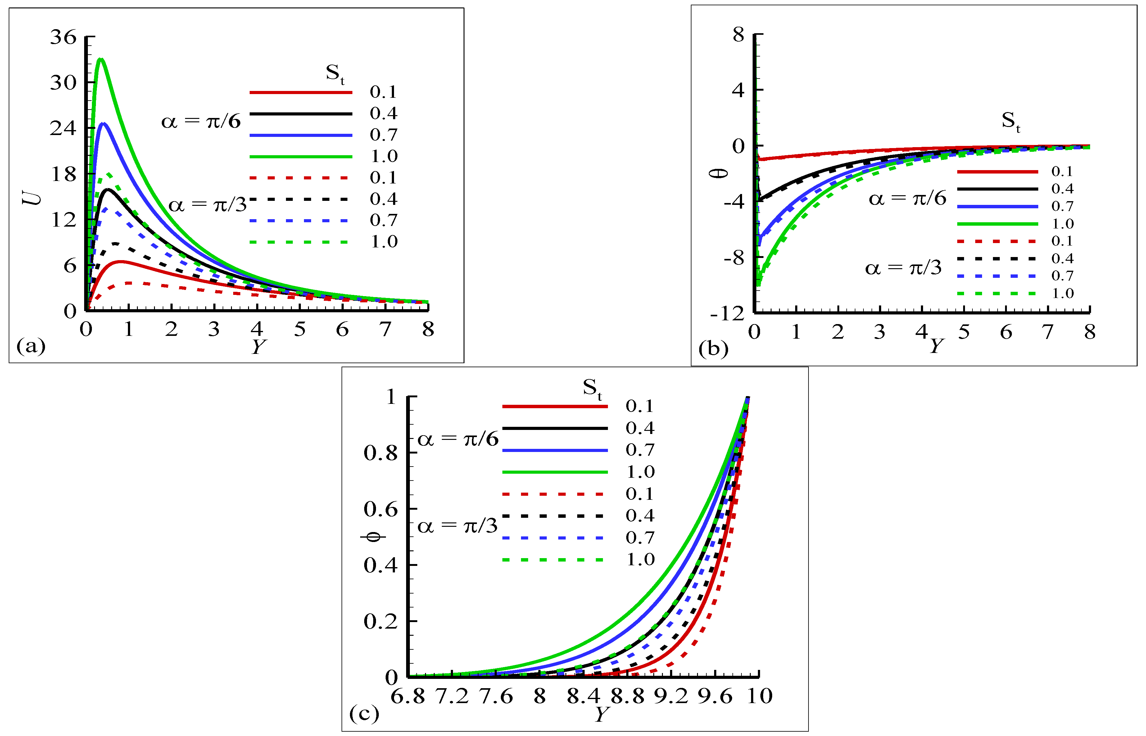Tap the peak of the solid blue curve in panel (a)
coord(103,124)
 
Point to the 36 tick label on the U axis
coord(63,37)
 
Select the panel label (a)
coord(31,345)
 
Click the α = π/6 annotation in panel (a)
coord(201,121)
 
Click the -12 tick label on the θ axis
coord(727,314)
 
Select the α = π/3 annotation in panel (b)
coord(903,268)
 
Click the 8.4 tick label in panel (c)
coord(583,696)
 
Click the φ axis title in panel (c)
coord(373,538)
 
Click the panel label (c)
coord(364,714)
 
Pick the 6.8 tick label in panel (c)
coord(408,696)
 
